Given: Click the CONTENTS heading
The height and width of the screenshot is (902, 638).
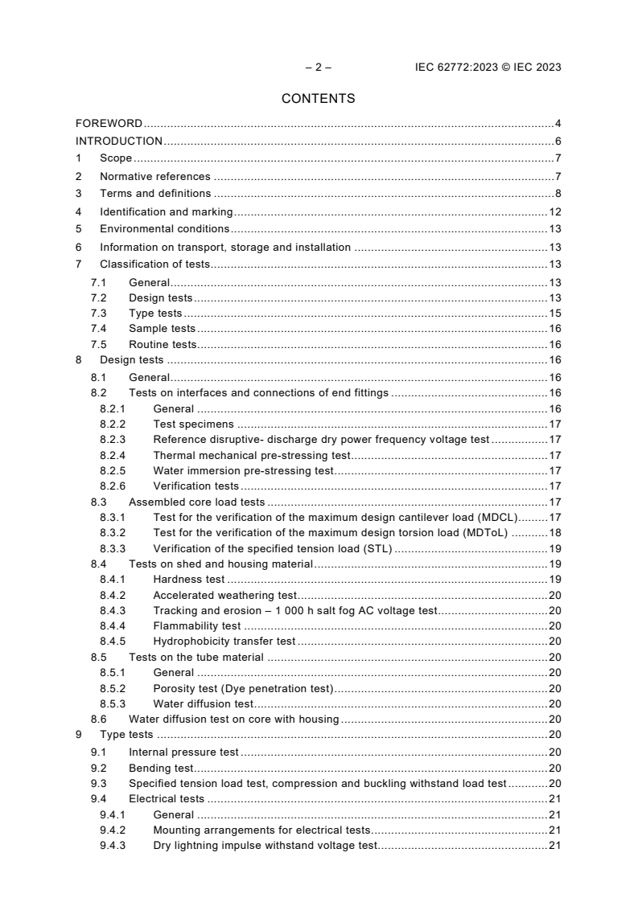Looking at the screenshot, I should pos(318,99).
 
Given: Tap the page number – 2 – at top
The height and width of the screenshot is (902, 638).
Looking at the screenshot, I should pos(318,68).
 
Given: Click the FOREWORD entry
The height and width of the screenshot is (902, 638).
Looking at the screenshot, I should pos(109,124).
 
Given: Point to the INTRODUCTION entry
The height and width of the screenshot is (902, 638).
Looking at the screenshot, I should pos(119,141).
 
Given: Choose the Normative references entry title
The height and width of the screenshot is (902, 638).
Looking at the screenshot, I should pos(154,176).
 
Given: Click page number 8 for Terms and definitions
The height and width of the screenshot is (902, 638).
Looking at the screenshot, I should pos(558,194).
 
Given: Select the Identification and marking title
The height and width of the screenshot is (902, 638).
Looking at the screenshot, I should pos(166,212).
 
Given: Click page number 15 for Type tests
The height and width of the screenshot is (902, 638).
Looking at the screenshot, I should pos(554,313).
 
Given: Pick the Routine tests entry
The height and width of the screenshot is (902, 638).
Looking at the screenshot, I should pos(163,344).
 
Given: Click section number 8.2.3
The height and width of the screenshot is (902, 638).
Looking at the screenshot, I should pos(113,440).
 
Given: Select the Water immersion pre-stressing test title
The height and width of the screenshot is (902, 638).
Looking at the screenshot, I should pos(243,470).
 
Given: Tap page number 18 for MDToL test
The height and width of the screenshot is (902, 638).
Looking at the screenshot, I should pos(554,532).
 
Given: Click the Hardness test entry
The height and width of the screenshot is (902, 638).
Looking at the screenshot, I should pos(189,579).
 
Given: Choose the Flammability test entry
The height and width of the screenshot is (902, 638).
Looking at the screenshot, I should pos(196,625).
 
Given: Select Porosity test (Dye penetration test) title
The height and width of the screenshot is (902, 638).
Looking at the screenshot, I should pos(243,687).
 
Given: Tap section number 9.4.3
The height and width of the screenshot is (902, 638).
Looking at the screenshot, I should pos(113,845).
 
